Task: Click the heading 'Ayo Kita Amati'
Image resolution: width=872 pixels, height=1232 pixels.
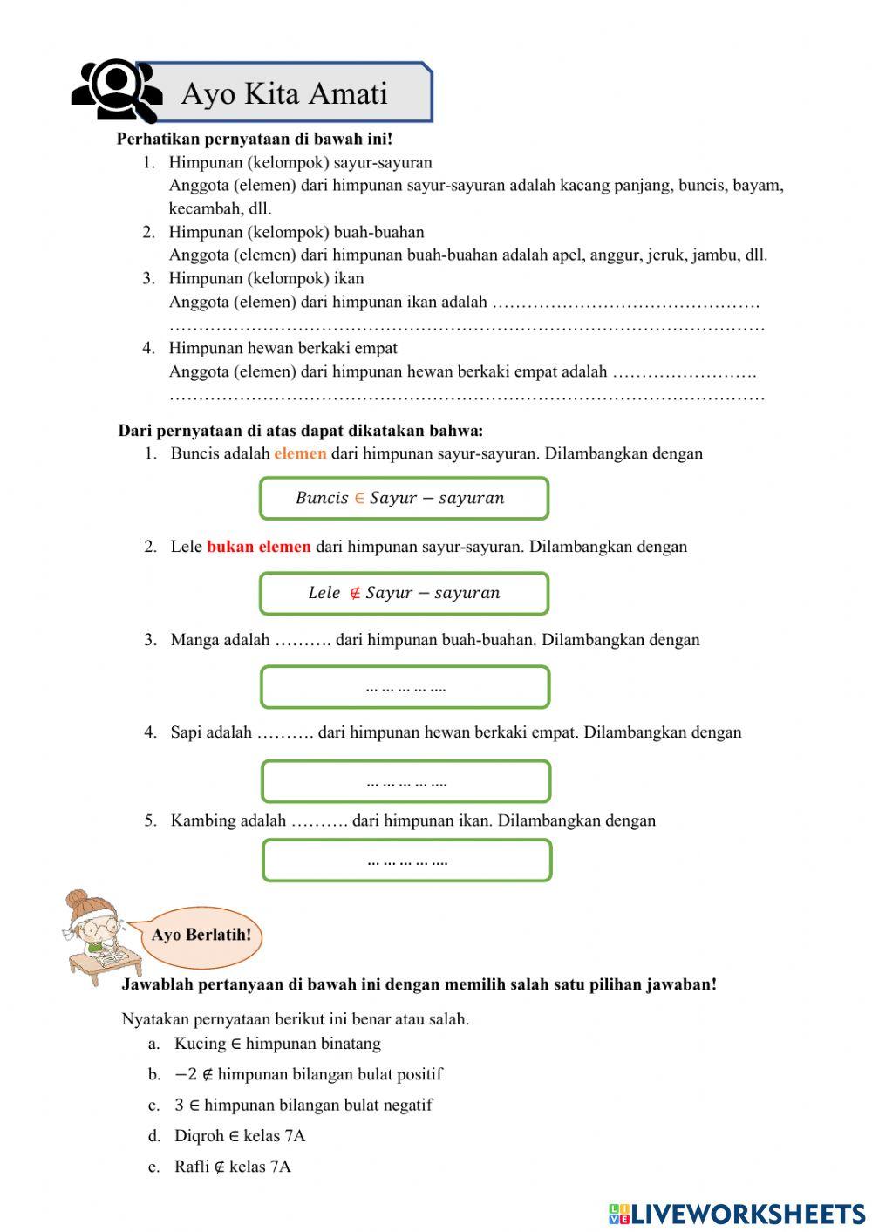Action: (283, 93)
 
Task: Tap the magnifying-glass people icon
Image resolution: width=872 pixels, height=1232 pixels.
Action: (116, 90)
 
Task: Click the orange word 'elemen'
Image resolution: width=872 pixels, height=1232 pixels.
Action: (300, 453)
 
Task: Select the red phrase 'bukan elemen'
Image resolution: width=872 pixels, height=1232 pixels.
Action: (258, 547)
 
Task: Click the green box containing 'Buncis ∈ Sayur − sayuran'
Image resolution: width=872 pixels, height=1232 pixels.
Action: (404, 499)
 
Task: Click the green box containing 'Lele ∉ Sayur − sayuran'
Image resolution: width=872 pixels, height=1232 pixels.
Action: (404, 593)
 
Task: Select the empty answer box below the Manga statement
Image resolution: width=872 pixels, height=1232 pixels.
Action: (405, 687)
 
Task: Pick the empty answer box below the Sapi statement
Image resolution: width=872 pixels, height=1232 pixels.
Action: (405, 781)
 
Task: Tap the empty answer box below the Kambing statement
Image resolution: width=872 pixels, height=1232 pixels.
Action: (406, 861)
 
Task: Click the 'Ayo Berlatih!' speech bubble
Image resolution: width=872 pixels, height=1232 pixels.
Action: (201, 936)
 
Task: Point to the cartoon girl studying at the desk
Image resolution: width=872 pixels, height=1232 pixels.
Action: (99, 937)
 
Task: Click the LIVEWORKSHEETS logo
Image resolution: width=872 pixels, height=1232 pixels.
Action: (737, 1214)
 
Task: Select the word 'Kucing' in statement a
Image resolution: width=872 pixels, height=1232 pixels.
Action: (200, 1044)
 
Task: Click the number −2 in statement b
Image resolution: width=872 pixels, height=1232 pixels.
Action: (186, 1075)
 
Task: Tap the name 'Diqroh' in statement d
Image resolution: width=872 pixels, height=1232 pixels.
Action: (199, 1136)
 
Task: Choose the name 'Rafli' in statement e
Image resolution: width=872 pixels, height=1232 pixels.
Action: (192, 1167)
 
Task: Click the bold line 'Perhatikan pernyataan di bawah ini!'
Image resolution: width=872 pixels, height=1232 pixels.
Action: (255, 139)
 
